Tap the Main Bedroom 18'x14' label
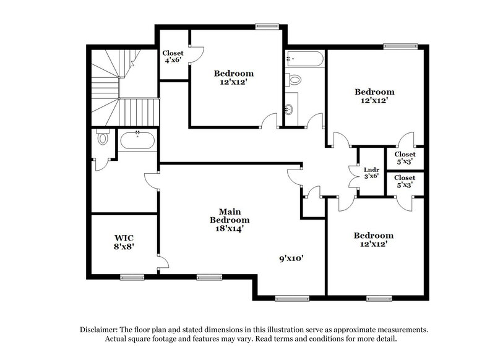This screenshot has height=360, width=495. coord(230,220)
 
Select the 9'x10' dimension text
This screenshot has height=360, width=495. coord(291,259)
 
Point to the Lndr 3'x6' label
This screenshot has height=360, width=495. coord(371,172)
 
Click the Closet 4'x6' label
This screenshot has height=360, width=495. coord(171,56)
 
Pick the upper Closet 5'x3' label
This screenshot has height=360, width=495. coord(405,158)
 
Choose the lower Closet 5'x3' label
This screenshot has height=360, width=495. coord(405,181)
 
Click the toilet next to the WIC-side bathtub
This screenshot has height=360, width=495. coord(102,139)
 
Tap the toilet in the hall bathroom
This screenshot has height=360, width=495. coord(295,79)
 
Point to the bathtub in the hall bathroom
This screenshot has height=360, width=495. coord(303,60)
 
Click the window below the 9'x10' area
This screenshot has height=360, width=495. coord(292,299)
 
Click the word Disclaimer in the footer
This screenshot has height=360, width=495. coord(101,330)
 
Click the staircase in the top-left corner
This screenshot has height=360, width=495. coord(114,87)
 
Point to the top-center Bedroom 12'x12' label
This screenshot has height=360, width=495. coord(233,78)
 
